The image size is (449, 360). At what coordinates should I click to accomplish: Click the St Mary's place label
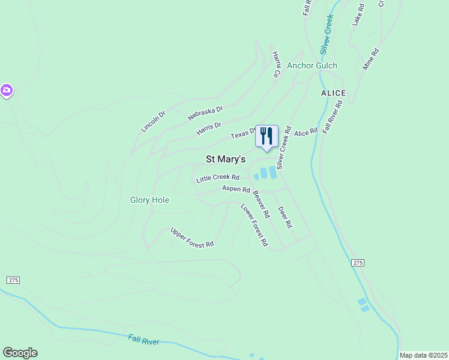(x=226, y=159)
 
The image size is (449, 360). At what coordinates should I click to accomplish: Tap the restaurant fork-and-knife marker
(x=267, y=137)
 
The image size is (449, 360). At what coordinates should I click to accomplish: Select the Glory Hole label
(x=149, y=200)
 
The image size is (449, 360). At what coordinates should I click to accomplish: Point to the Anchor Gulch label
(x=312, y=65)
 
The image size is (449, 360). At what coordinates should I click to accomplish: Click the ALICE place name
(x=334, y=93)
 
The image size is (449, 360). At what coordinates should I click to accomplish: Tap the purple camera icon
(x=7, y=91)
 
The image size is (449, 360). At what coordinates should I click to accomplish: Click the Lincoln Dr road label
(x=153, y=121)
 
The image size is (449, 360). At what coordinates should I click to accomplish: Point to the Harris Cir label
(x=277, y=64)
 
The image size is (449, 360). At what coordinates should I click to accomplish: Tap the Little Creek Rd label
(x=218, y=178)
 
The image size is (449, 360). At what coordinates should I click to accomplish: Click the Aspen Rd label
(x=236, y=189)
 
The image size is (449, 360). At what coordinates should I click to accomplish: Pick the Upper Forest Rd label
(x=192, y=238)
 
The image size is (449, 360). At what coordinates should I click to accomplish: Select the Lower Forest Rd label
(x=254, y=226)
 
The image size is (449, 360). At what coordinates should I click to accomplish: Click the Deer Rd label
(x=285, y=217)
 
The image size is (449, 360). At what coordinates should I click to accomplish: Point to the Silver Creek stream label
(x=327, y=35)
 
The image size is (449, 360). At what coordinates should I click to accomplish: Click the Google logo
(x=20, y=353)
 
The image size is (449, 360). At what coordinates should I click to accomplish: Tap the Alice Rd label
(x=306, y=132)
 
